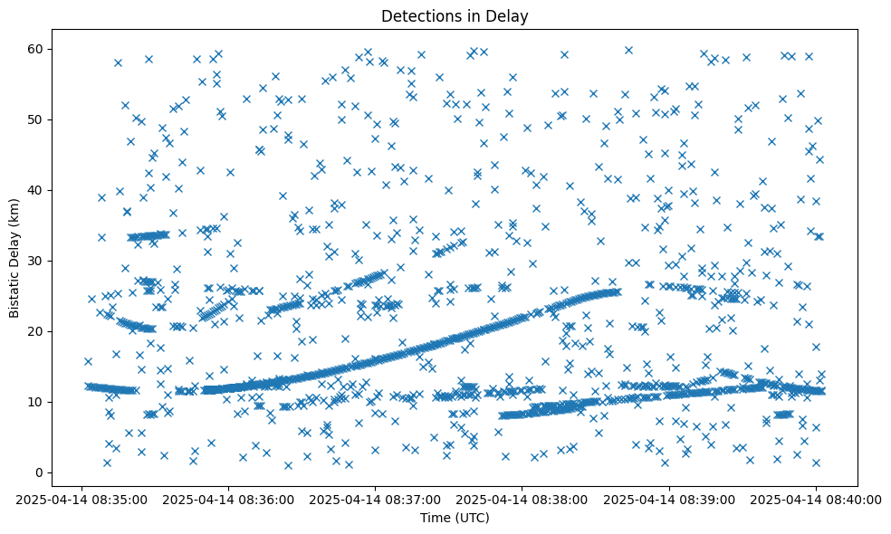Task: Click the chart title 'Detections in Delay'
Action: pyautogui.click(x=455, y=15)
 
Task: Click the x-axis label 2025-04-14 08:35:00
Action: pyautogui.click(x=81, y=499)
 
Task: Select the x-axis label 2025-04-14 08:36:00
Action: pyautogui.click(x=228, y=499)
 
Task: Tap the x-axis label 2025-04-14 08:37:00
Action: pyautogui.click(x=375, y=499)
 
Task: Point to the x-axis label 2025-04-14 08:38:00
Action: pyautogui.click(x=522, y=499)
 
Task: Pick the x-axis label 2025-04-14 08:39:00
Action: pyautogui.click(x=669, y=499)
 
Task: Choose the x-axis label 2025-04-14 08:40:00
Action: pyautogui.click(x=816, y=499)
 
